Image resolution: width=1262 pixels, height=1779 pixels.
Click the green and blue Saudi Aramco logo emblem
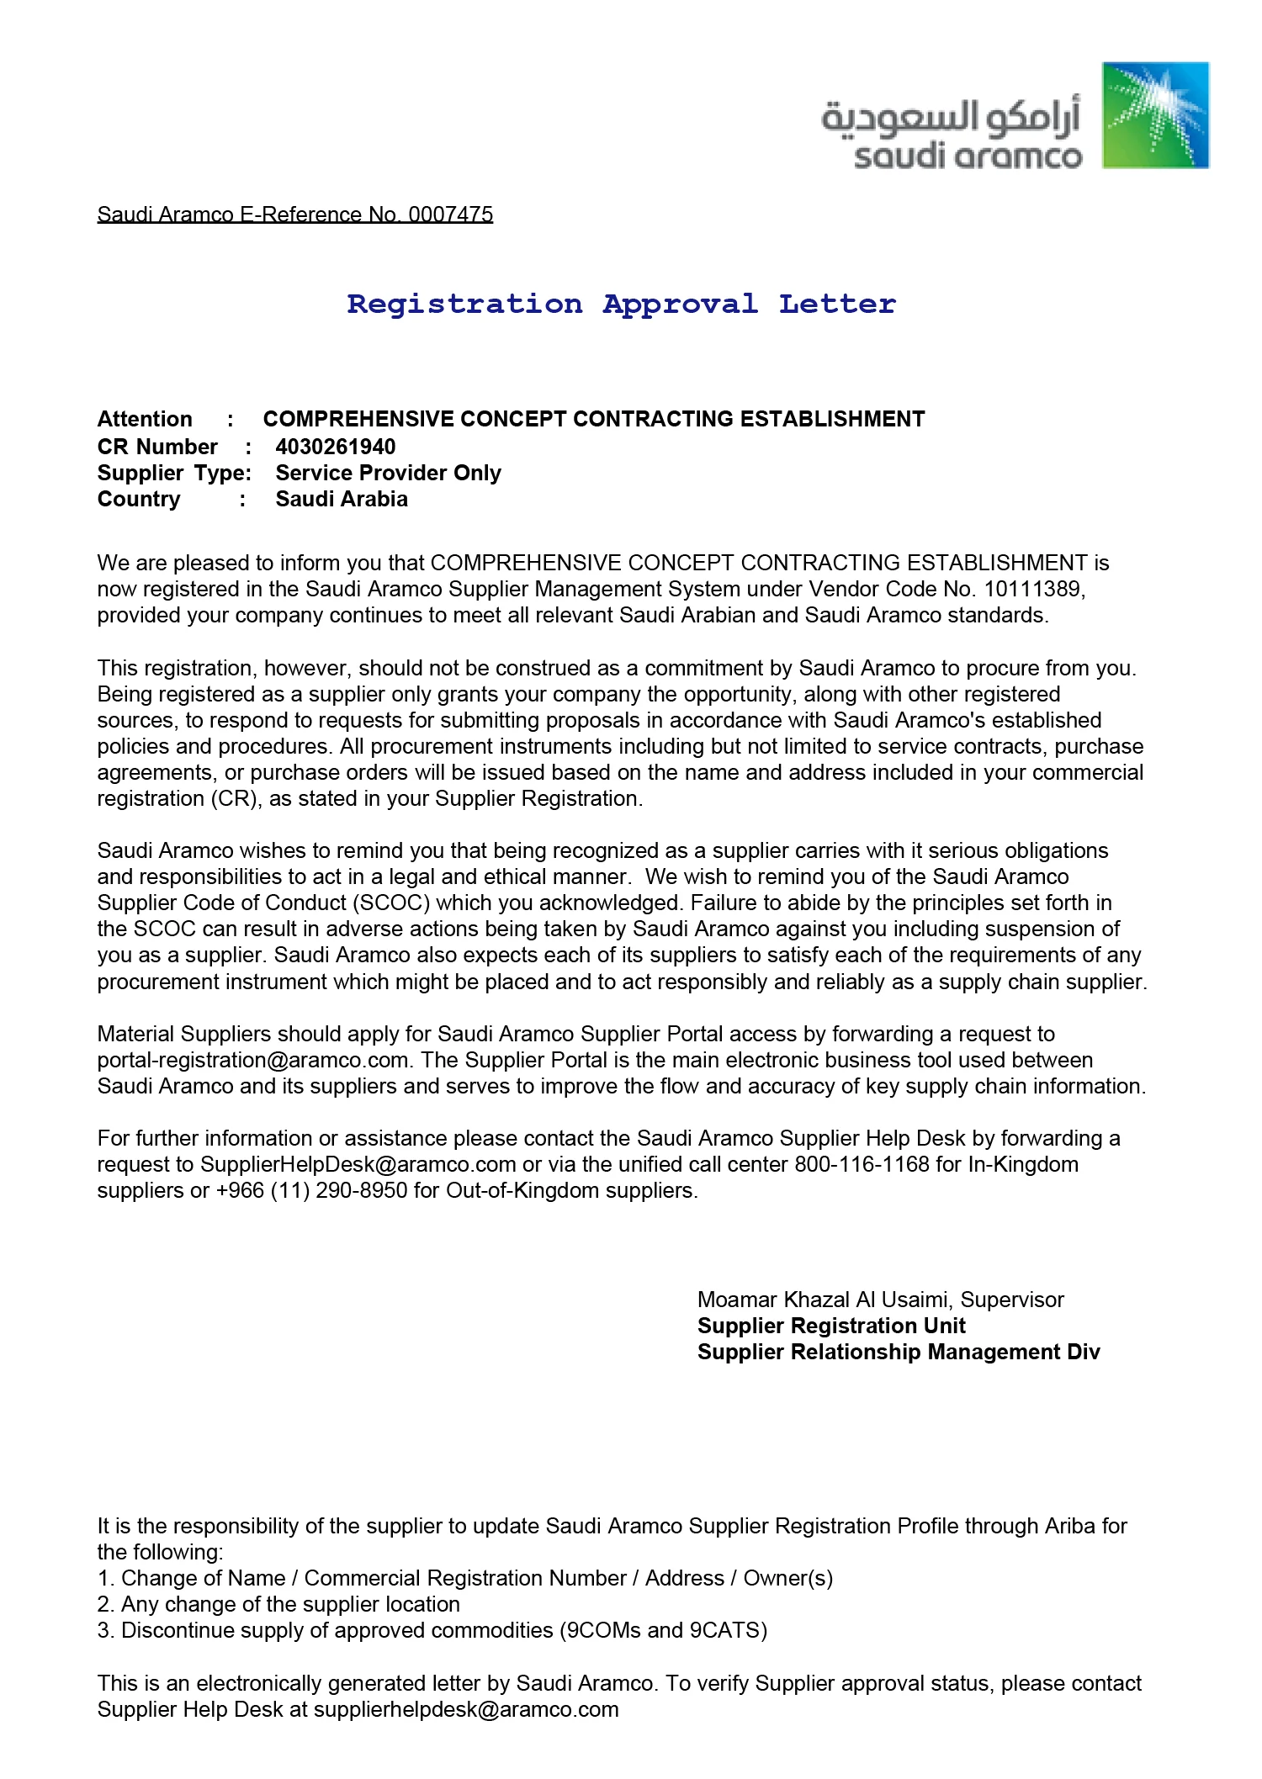[1155, 115]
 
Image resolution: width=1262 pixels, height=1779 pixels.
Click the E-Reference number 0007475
[450, 214]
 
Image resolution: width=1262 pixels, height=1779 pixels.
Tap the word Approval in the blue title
[680, 304]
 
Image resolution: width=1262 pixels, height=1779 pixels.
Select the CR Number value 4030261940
[335, 447]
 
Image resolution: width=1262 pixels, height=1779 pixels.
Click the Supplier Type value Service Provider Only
[388, 473]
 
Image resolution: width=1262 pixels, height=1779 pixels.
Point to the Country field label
[139, 499]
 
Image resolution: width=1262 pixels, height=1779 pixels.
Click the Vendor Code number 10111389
[1031, 589]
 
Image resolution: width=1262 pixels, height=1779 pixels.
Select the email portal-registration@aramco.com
[253, 1060]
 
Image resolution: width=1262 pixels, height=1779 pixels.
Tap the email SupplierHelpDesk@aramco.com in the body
[358, 1164]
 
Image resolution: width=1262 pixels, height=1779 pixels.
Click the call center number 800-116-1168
[862, 1164]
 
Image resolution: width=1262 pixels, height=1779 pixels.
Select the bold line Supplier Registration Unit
[831, 1326]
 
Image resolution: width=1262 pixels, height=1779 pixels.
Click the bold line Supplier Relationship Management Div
[899, 1352]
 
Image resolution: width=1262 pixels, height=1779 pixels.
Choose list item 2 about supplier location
[278, 1604]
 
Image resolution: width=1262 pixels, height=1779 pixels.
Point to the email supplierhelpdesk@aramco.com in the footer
[466, 1709]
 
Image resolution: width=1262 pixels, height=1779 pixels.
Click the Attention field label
[145, 419]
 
